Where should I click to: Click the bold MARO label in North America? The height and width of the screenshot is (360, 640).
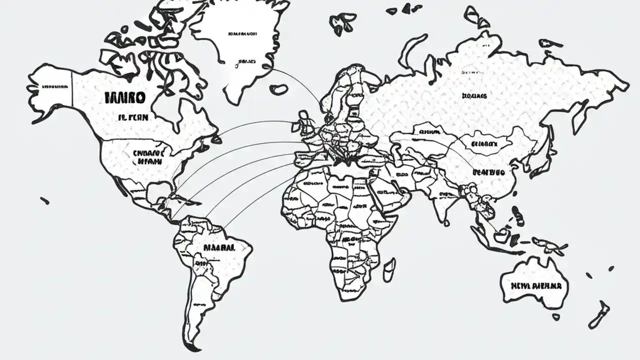coord(125,97)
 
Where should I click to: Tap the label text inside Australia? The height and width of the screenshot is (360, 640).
coord(535,286)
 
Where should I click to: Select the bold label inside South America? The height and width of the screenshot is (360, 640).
coord(218,247)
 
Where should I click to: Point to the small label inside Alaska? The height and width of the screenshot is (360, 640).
coord(54,86)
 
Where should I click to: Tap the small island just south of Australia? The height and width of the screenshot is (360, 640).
coord(556,316)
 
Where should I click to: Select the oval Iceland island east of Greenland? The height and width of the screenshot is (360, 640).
coord(278,89)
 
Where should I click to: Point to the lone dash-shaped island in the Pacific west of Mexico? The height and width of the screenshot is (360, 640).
coord(45,200)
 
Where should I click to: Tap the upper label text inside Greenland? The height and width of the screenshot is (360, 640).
coord(242,34)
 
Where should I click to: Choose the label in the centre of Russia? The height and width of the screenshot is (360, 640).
coord(474,95)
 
